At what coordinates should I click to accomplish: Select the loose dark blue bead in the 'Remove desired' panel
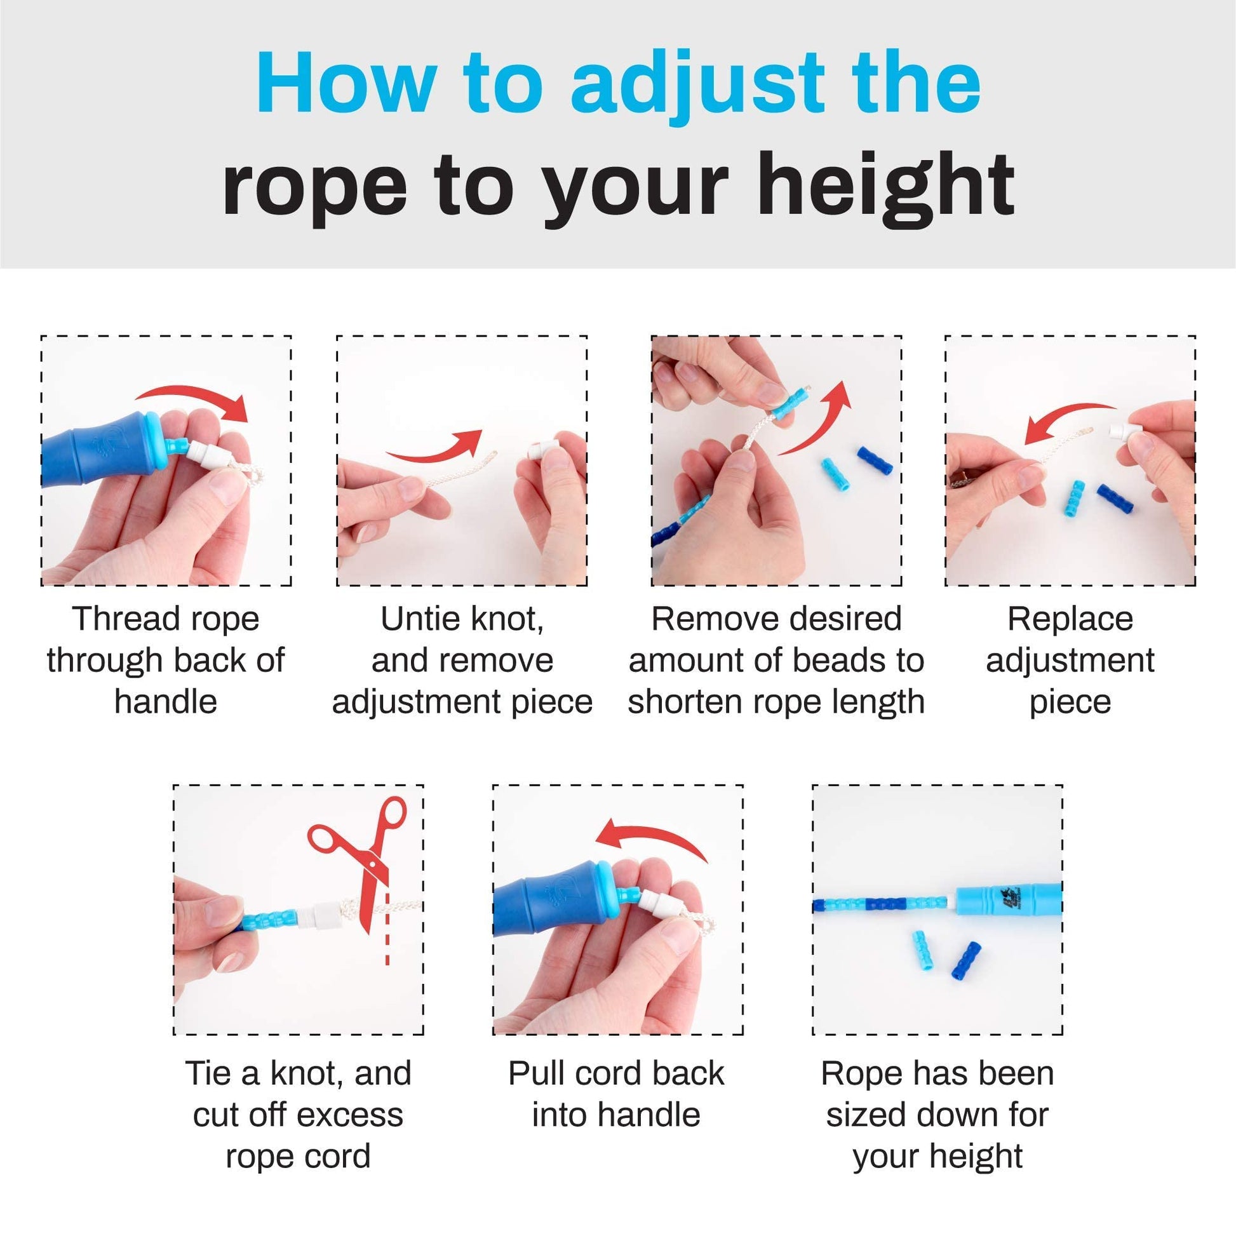(x=875, y=461)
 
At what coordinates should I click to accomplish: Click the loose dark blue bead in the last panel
(x=967, y=962)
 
